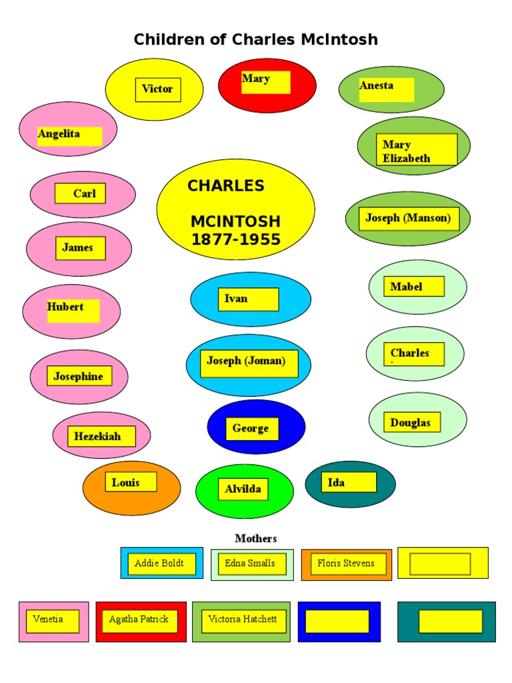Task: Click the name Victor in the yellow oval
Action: [157, 89]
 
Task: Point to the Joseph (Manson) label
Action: [408, 218]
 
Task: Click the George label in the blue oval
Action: [251, 428]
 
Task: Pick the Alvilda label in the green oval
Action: [243, 489]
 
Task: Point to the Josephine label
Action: [79, 377]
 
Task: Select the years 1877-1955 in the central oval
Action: [236, 240]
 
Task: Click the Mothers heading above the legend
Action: [255, 538]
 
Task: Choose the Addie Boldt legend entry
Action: [161, 564]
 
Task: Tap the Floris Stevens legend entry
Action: [346, 564]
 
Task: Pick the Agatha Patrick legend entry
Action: [139, 620]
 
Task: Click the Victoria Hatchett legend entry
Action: [243, 620]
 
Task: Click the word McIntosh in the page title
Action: [339, 39]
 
